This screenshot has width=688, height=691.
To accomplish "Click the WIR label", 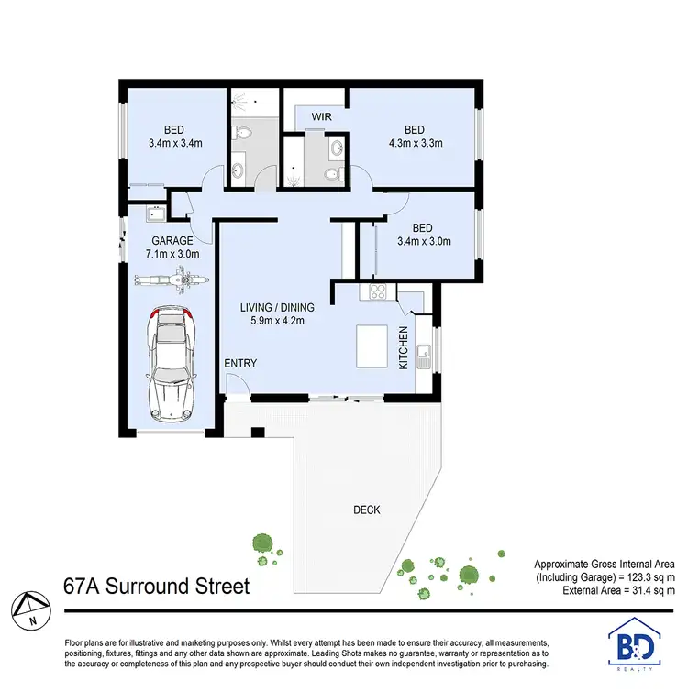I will tap(321, 117).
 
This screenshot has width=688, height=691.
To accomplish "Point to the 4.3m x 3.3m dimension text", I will tap(414, 143).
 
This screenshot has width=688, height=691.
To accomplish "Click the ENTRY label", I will tap(240, 364).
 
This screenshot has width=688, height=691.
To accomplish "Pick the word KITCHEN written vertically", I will tap(403, 347).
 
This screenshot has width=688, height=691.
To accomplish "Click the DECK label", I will tap(367, 510).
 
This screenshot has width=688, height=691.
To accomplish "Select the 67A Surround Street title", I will tap(156, 586).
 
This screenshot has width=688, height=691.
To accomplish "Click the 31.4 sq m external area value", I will tap(647, 593).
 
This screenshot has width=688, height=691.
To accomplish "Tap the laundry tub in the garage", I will tap(154, 215).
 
